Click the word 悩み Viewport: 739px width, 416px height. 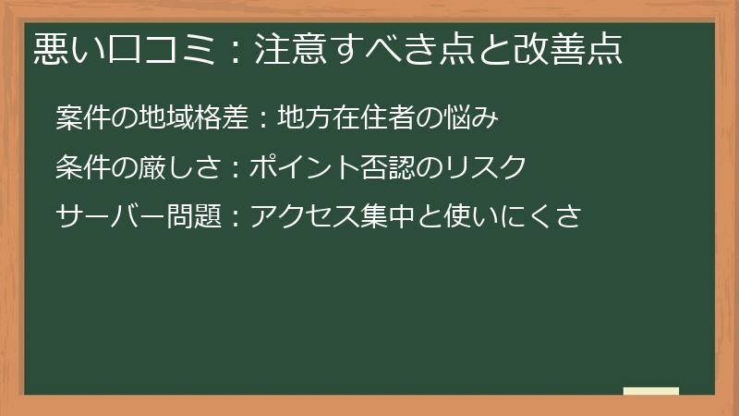478,119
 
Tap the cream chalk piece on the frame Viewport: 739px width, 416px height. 651,391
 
